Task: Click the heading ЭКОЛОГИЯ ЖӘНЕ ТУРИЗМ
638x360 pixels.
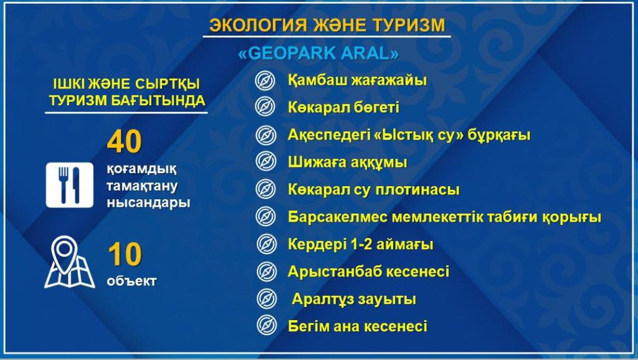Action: pos(327,25)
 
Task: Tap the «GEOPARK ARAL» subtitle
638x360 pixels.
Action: pos(318,54)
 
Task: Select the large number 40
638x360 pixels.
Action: pos(125,141)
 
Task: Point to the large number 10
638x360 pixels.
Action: pos(125,254)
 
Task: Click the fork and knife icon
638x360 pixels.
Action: pos(69,185)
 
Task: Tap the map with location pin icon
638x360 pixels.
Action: pos(69,262)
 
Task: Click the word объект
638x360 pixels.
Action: pos(132,281)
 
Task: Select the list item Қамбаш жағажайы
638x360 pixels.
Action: pos(357,80)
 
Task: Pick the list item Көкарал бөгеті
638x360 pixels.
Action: pos(343,107)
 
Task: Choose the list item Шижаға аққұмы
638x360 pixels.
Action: pos(348,163)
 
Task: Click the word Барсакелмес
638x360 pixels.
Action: pos(338,217)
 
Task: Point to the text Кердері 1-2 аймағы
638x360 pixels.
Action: pos(361,245)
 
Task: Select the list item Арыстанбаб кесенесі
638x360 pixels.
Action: pos(369,272)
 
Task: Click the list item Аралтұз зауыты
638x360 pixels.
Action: pos(354,300)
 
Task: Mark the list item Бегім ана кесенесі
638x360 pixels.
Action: pos(358,326)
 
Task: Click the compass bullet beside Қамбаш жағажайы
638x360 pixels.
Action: pos(265,80)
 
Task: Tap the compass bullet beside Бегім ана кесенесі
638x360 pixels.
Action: pos(267,325)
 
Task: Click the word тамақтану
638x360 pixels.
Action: pos(142,186)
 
